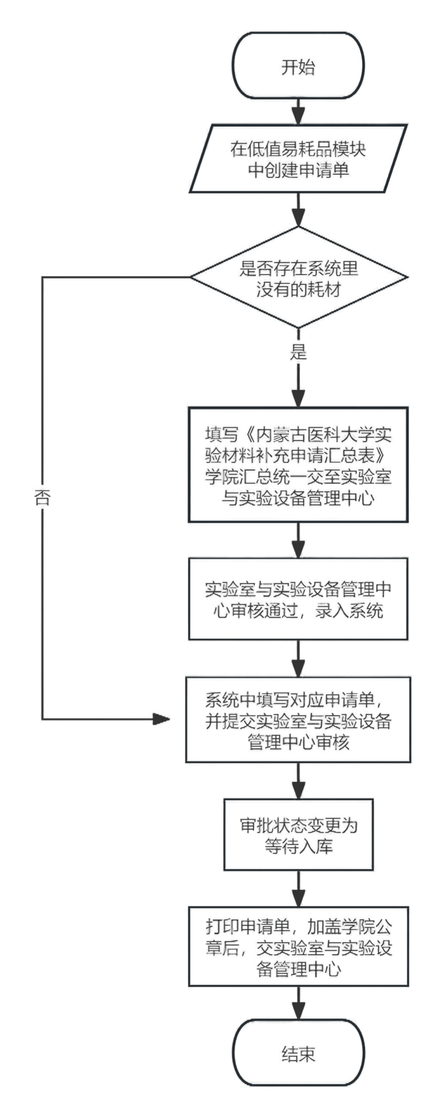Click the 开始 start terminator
coord(299,67)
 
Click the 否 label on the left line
coord(42,497)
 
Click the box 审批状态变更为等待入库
coord(299,834)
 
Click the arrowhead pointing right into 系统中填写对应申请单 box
coord(161,718)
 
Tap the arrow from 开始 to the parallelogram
coord(299,111)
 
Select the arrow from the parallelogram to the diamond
coord(299,214)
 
